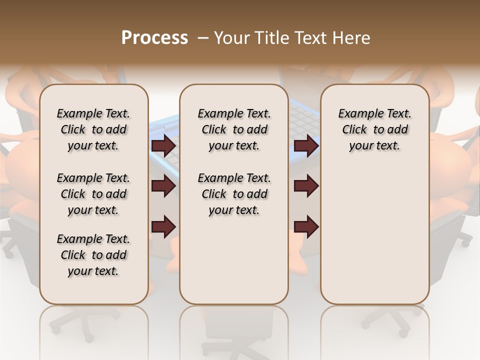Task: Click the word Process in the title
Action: point(154,37)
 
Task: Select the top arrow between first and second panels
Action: point(163,145)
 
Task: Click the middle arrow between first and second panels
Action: point(163,186)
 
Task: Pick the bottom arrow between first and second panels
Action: point(163,226)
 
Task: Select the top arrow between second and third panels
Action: point(306,145)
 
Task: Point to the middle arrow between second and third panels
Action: point(306,186)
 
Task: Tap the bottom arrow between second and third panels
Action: point(306,226)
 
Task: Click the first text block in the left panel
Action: point(93,129)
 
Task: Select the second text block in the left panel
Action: point(93,194)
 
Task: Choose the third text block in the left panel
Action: point(93,255)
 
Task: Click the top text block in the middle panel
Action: point(234,129)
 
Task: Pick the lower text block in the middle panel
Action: point(234,194)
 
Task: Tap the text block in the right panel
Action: point(374,129)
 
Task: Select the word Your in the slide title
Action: point(230,37)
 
